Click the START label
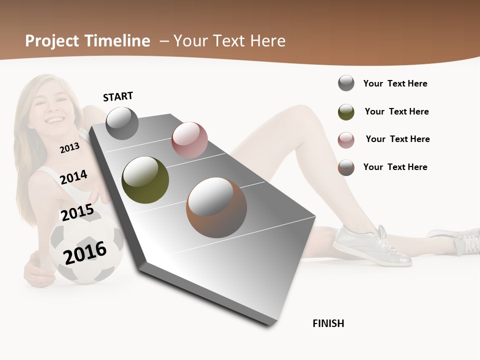point(118,96)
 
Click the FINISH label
point(328,323)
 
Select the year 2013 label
point(69,147)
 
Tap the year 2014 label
point(74,177)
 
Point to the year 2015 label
point(77,212)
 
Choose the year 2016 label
point(85,252)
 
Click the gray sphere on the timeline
point(122,123)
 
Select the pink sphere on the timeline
point(189,139)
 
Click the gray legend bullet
point(346,83)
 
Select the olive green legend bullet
point(346,112)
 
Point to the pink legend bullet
point(346,140)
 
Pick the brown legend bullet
point(346,167)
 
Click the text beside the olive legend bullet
point(396,111)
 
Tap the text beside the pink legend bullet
point(397,139)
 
